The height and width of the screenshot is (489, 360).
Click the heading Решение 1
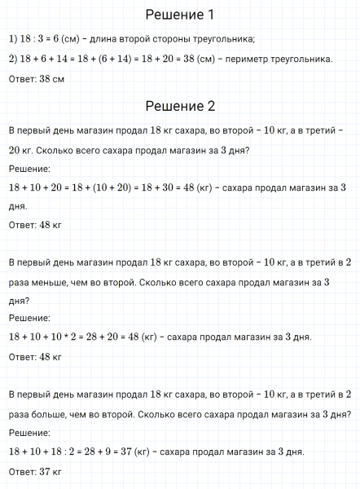tap(179, 14)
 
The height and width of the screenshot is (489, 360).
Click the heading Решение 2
tap(179, 106)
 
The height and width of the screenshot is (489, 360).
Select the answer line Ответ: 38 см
tap(35, 79)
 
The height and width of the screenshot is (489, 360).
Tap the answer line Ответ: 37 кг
tap(34, 471)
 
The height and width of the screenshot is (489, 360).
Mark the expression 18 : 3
tap(32, 39)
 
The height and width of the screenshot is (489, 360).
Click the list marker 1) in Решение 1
tap(11, 39)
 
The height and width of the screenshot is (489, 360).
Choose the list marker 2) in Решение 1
tap(11, 59)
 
